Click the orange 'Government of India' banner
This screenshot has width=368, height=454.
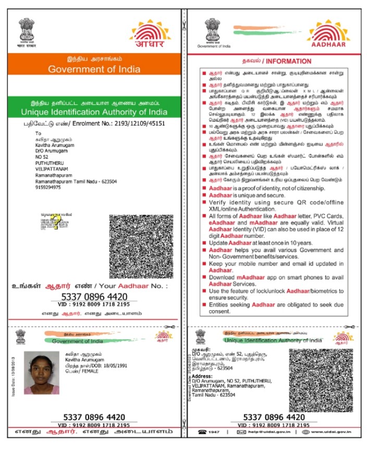tap(93, 69)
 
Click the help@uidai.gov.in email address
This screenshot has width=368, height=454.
tap(269, 432)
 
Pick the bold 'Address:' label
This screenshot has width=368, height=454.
tap(202, 376)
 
